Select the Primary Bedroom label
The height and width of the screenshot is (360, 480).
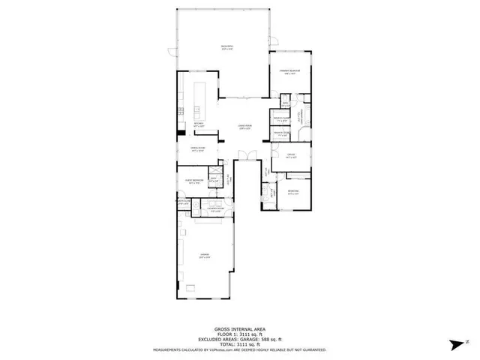[290, 72]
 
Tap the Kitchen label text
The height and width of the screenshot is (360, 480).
[198, 124]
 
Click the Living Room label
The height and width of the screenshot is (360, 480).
[244, 127]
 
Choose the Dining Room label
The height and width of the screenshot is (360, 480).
[198, 150]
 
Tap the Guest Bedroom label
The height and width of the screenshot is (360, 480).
[195, 181]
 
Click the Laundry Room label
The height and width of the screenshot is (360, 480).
[214, 209]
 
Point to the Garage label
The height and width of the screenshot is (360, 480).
[203, 256]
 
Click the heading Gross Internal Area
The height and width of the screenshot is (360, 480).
[240, 328]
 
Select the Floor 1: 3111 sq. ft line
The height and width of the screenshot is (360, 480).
[240, 334]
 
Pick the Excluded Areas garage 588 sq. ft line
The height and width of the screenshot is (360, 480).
[240, 339]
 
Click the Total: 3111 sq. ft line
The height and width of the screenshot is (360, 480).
[240, 344]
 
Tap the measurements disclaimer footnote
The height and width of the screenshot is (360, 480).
[240, 349]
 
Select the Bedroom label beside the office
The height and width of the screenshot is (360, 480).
[292, 192]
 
